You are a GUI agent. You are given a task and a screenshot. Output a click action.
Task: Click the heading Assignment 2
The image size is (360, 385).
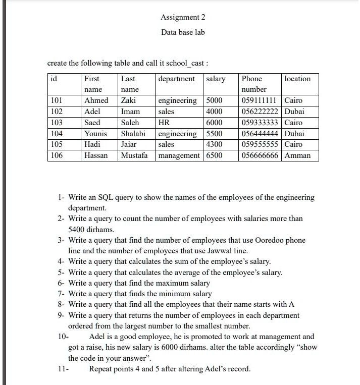pos(183,17)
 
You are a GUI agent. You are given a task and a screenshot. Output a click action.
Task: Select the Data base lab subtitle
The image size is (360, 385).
pos(183,32)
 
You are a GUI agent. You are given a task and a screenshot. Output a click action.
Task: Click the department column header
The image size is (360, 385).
pos(176,79)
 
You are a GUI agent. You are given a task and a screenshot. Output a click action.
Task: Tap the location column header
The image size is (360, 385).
pos(297,79)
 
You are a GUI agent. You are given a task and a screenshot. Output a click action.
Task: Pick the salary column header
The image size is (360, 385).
pos(216,79)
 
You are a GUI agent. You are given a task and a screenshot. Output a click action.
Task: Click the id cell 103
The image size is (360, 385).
pos(57,123)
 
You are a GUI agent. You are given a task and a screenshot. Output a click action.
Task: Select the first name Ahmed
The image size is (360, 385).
pos(96,100)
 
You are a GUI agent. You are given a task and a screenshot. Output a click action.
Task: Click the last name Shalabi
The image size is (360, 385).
pos(133,134)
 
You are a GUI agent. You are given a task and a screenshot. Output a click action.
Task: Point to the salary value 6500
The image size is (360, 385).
pos(214,156)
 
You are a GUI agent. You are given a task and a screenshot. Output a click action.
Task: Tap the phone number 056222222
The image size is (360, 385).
pos(260,112)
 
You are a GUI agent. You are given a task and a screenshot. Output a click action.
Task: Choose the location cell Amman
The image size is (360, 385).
pos(297,156)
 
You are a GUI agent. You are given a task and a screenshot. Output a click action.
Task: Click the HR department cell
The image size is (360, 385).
pos(164,123)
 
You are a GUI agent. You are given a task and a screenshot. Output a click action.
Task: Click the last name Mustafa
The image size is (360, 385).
pos(135,156)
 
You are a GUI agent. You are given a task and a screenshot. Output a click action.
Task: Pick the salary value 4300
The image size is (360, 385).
pos(214,145)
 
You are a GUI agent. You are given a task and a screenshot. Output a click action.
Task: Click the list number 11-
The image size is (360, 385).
pos(63,369)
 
